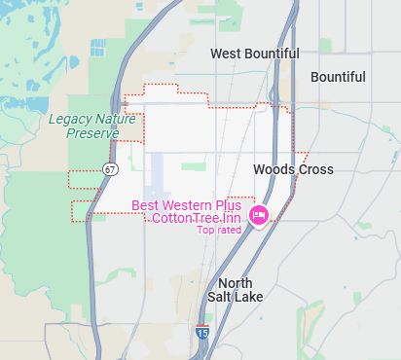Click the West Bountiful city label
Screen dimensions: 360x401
click(255, 54)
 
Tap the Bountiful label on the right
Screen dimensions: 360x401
click(338, 77)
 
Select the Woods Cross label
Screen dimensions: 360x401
click(293, 169)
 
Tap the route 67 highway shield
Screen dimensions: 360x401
click(112, 169)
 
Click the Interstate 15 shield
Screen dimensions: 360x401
click(201, 333)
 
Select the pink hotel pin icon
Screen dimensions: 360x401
click(259, 215)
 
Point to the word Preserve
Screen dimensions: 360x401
click(92, 132)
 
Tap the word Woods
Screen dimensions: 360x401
click(273, 169)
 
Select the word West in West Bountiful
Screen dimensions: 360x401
click(226, 54)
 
